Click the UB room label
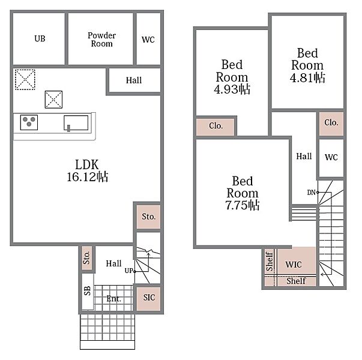click(x=40, y=38)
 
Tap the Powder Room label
click(x=101, y=40)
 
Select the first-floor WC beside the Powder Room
click(x=148, y=40)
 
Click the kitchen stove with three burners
click(x=29, y=122)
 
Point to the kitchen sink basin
click(x=76, y=123)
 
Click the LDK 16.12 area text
click(x=87, y=171)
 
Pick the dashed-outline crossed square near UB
click(x=25, y=79)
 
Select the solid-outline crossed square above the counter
click(x=53, y=100)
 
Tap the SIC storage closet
click(x=149, y=298)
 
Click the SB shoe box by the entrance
click(x=88, y=292)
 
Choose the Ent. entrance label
click(x=113, y=299)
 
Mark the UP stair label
click(x=129, y=271)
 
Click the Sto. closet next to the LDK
click(x=148, y=217)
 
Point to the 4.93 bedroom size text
click(x=232, y=89)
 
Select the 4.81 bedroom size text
click(x=307, y=78)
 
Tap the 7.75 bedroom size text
click(x=243, y=205)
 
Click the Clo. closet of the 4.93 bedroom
click(x=216, y=127)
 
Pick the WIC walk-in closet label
click(x=294, y=265)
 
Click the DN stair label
click(x=311, y=193)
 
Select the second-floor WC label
click(x=331, y=157)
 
